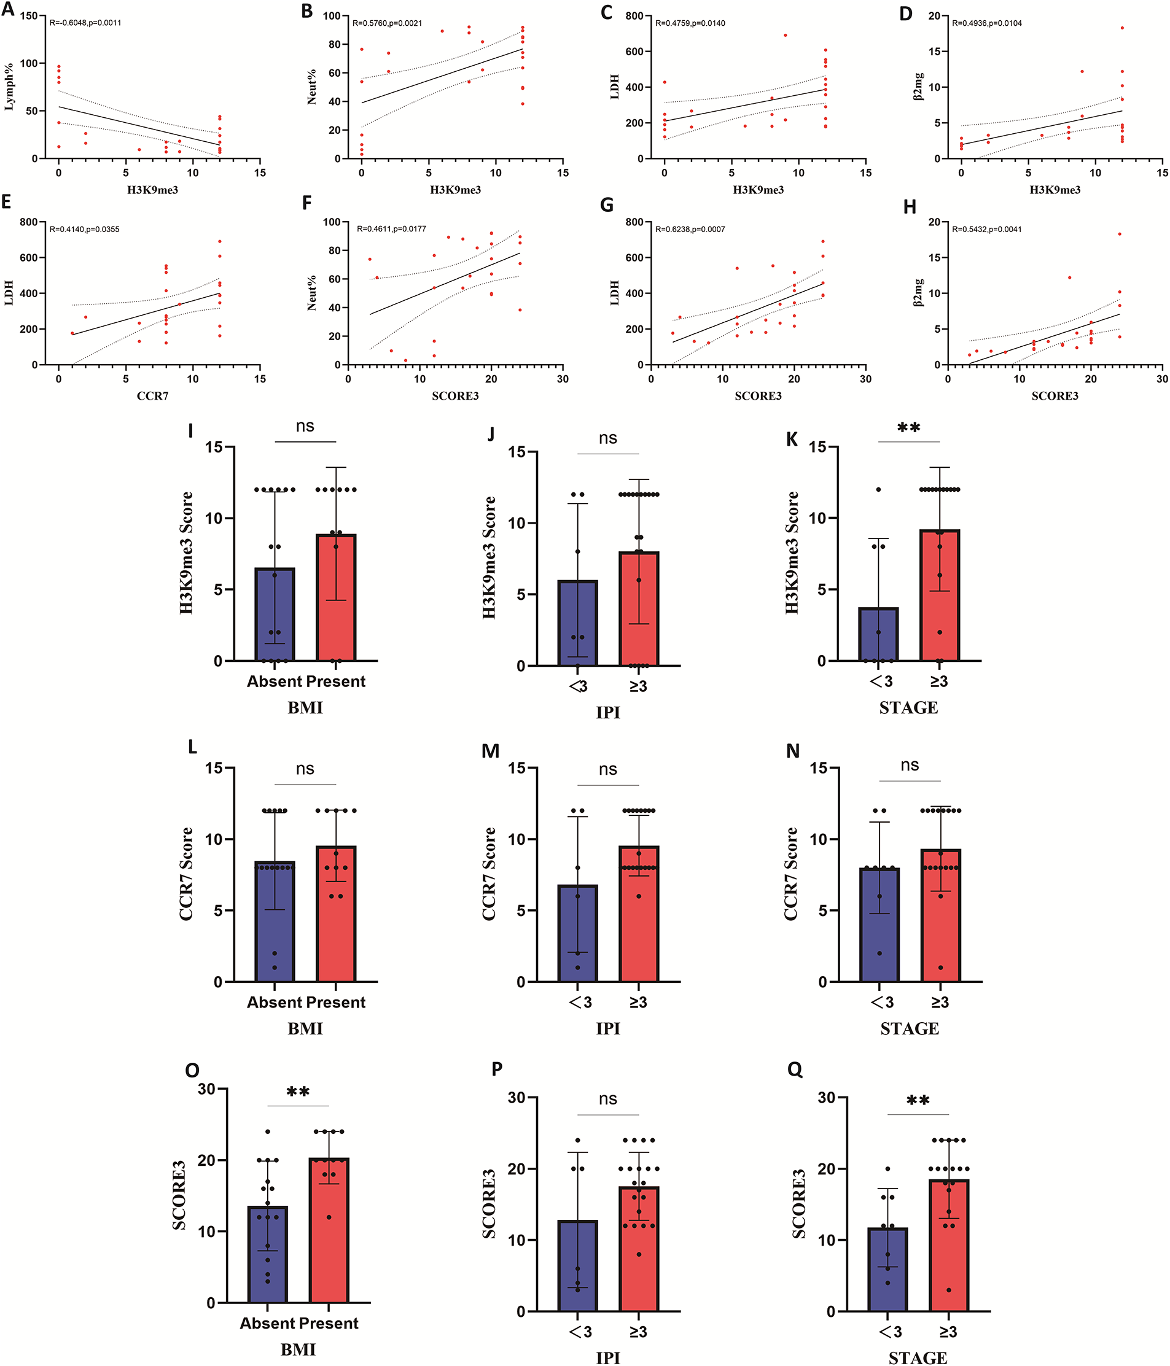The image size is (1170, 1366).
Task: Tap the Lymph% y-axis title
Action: (x=9, y=87)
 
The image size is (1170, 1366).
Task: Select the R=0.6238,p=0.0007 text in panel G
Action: (x=690, y=229)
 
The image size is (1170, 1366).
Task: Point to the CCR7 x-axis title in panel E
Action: (x=152, y=395)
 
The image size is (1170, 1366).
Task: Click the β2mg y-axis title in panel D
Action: (x=918, y=87)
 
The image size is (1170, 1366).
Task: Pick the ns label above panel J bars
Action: (x=607, y=438)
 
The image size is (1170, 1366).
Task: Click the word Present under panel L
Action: (x=337, y=1002)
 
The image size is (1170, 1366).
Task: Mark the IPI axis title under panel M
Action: (x=607, y=1028)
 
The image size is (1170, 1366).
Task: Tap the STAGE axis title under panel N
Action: (x=909, y=1028)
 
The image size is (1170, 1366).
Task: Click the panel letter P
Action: (x=497, y=1069)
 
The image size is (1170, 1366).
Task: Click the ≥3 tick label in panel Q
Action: (x=948, y=1331)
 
